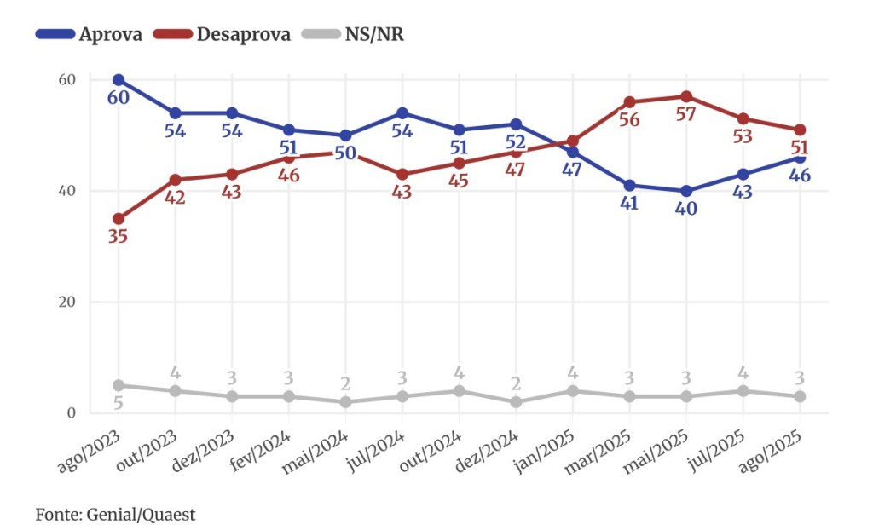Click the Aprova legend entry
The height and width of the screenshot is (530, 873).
click(89, 34)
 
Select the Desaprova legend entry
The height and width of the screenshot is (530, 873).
click(223, 34)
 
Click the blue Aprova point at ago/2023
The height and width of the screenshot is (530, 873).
click(119, 80)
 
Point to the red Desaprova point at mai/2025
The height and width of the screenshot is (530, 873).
click(686, 96)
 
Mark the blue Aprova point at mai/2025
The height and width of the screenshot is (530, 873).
click(686, 191)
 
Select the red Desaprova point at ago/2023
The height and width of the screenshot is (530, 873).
click(119, 219)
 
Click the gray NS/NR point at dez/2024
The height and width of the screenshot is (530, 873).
click(516, 402)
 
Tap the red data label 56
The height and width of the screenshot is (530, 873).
click(629, 120)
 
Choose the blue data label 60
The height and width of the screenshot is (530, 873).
click(118, 97)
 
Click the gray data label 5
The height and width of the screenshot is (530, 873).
click(118, 403)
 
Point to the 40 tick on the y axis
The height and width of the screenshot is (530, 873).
click(66, 191)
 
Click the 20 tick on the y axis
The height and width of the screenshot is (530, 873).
click(66, 302)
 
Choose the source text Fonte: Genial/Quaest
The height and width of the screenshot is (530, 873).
click(116, 515)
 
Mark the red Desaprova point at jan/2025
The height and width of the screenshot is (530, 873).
click(573, 141)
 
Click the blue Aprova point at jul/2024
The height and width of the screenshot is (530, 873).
click(402, 113)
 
